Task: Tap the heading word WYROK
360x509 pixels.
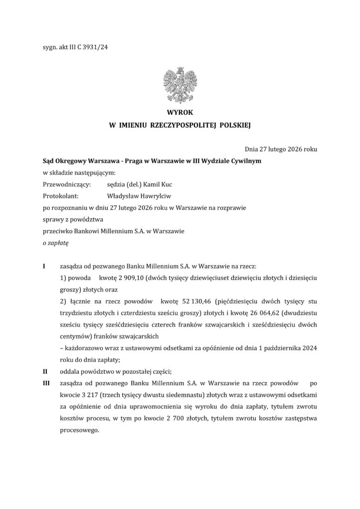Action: [x=180, y=113]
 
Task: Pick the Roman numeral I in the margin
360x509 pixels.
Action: [x=44, y=267]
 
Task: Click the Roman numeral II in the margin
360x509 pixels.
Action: [x=45, y=370]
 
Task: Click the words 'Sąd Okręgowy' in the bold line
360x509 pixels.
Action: [x=64, y=162]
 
